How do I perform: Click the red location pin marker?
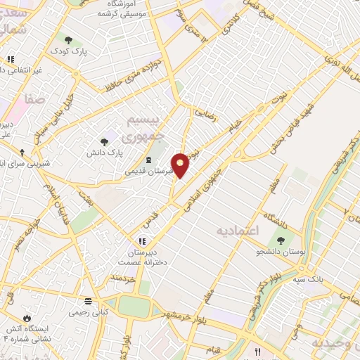click(181, 165)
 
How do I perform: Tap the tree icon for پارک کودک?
click(68, 41)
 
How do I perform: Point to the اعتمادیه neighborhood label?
click(237, 231)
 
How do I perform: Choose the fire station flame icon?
click(27, 318)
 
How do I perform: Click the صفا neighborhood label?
click(35, 101)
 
